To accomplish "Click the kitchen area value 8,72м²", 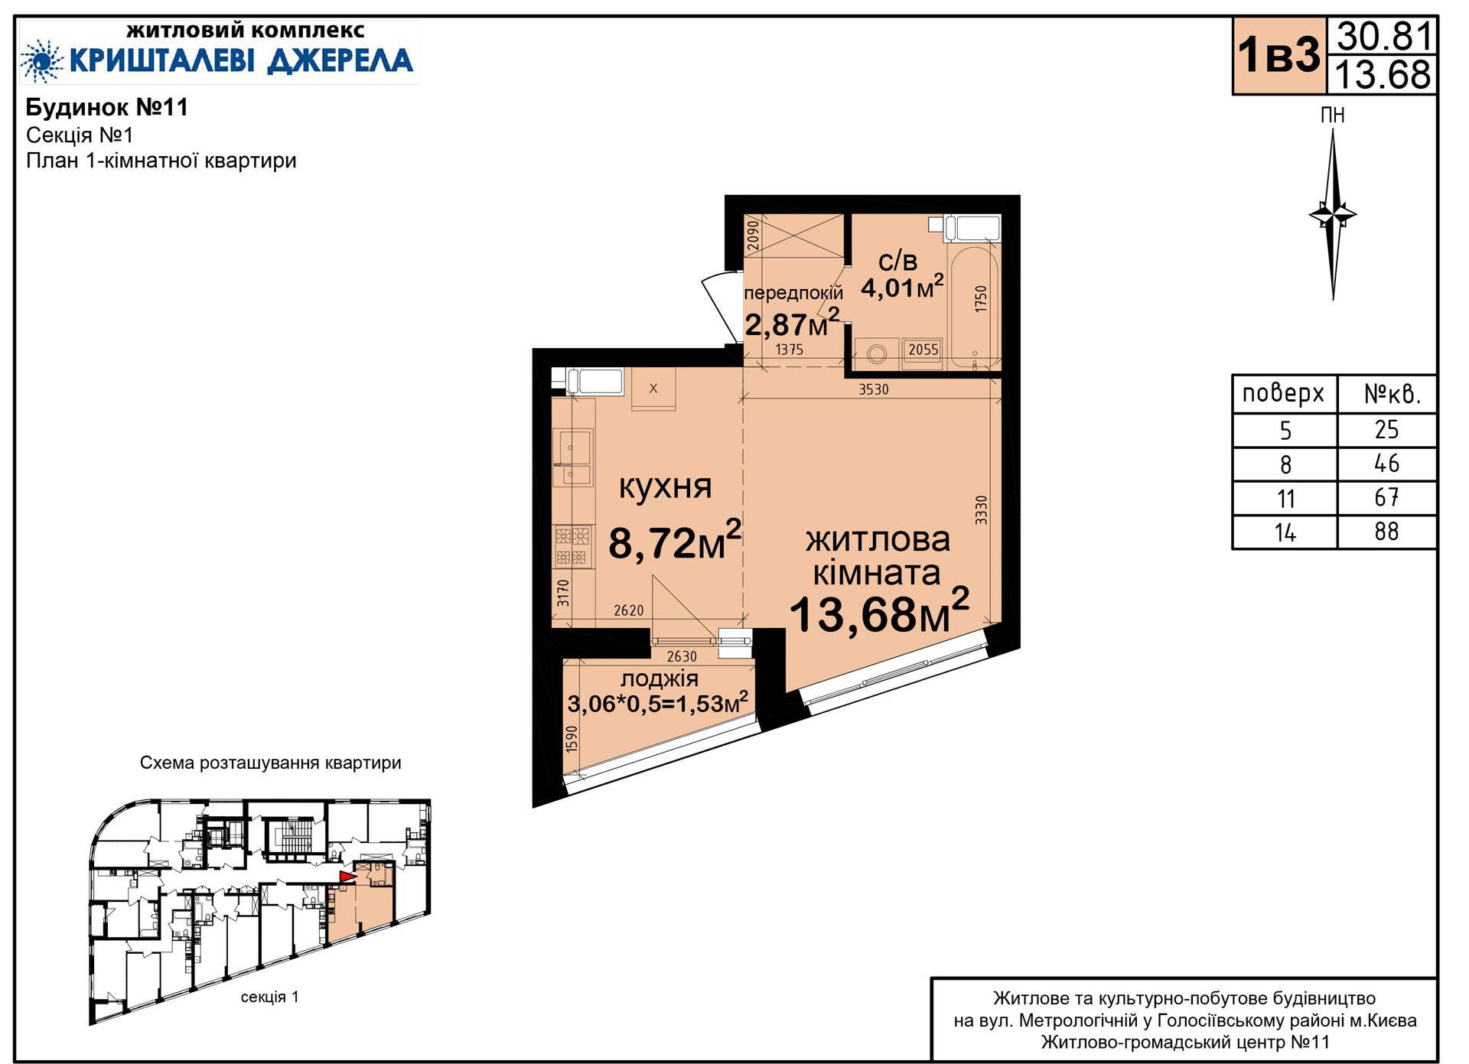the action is (x=675, y=541).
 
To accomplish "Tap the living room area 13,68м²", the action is (x=879, y=612).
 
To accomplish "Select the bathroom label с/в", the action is (x=897, y=261).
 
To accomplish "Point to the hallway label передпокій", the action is (x=793, y=292).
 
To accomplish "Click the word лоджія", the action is (x=659, y=678).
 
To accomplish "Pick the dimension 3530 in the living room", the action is (x=874, y=389).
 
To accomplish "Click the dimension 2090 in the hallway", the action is (x=753, y=236).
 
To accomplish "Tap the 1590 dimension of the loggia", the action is (x=571, y=739).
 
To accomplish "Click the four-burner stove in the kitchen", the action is (x=573, y=546).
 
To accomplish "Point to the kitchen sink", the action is (x=573, y=457).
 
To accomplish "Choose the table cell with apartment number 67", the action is (x=1386, y=498).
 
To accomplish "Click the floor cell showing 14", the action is (x=1285, y=532).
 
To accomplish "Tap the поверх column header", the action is (x=1283, y=394).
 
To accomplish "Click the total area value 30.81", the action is (x=1383, y=36).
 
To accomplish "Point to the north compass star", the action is (x=1333, y=214).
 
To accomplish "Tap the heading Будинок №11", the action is (x=107, y=107).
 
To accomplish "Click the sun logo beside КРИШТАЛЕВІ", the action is (x=41, y=61).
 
